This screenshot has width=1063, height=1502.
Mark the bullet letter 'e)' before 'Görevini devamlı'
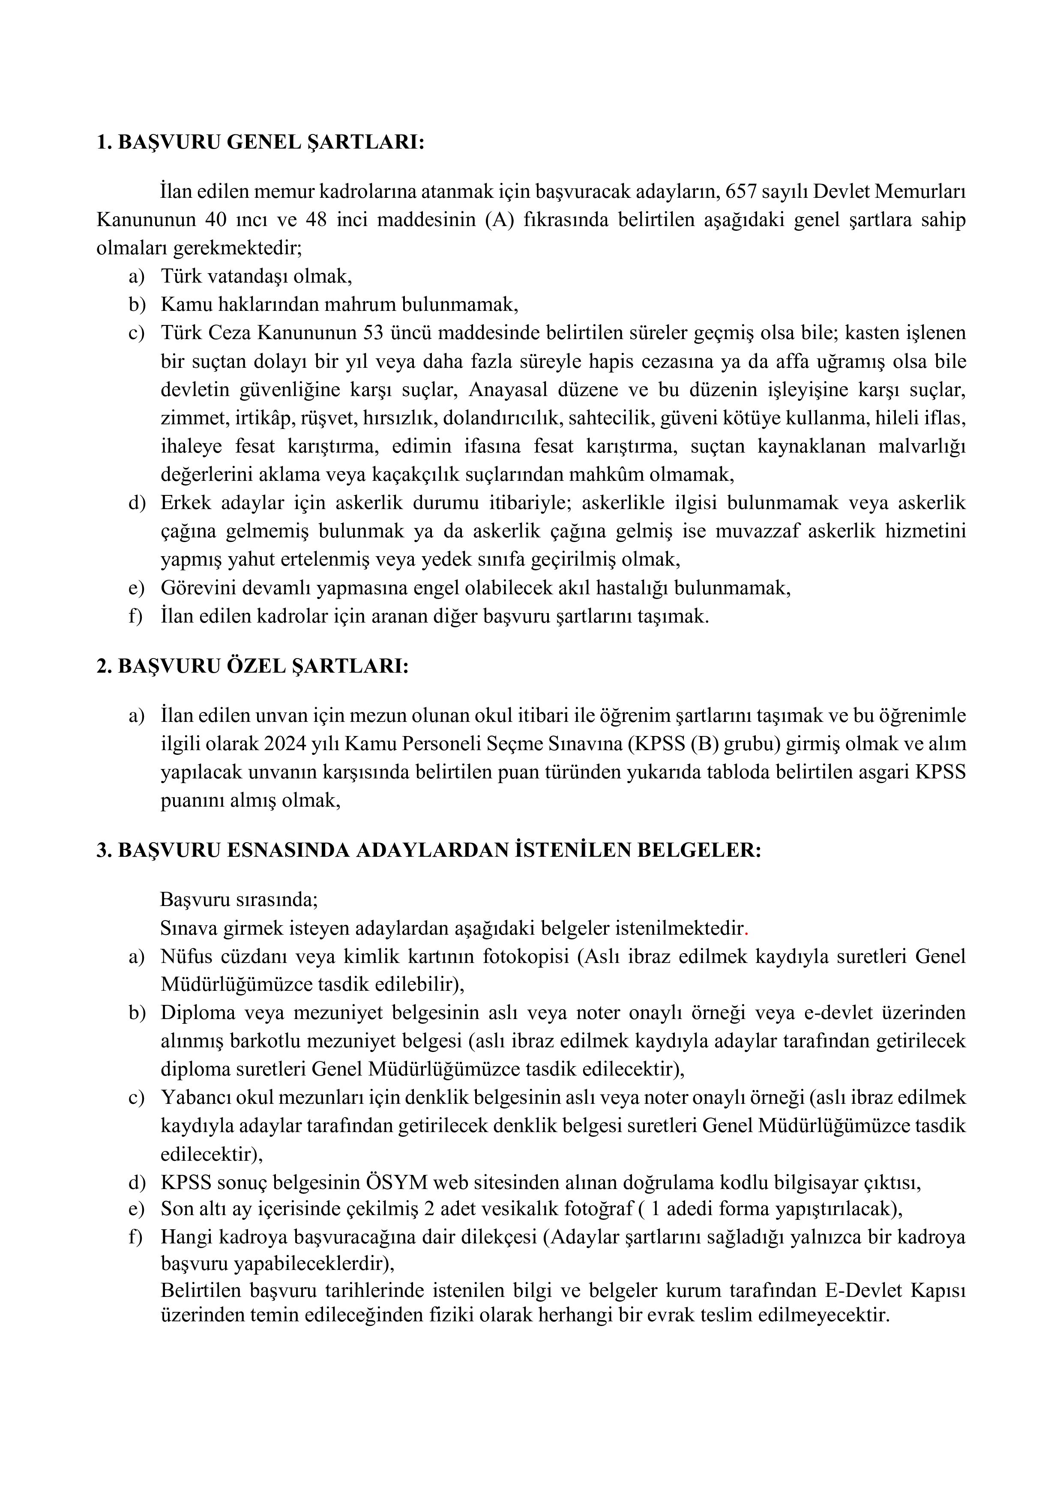(136, 588)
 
